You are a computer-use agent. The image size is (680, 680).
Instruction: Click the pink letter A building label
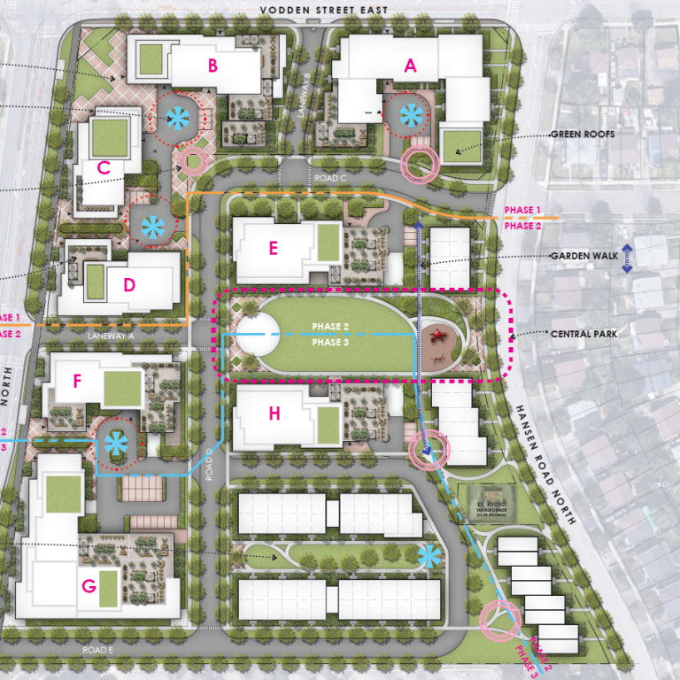click(409, 65)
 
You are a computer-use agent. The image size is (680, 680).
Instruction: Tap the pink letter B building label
click(212, 65)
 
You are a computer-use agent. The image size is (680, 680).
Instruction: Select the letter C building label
click(104, 167)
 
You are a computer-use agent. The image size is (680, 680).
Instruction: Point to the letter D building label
click(129, 285)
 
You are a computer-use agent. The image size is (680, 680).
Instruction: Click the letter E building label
click(273, 249)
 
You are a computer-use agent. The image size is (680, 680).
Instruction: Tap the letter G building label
click(88, 585)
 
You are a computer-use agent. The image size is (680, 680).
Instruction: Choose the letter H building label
click(274, 413)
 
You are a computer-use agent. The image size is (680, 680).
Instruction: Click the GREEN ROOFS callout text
click(583, 135)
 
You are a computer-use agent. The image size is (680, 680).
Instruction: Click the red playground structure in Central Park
click(437, 336)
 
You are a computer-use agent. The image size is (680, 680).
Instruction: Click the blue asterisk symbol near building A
click(410, 114)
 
